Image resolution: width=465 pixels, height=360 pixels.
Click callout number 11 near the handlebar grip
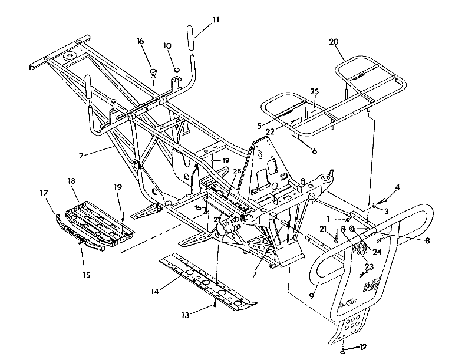[x=216, y=19]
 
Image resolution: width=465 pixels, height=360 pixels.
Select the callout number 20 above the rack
[x=334, y=42]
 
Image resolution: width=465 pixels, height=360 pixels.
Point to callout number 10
[x=167, y=45]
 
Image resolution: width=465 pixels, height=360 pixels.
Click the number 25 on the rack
[x=314, y=91]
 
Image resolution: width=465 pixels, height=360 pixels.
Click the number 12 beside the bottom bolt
[x=364, y=346]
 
